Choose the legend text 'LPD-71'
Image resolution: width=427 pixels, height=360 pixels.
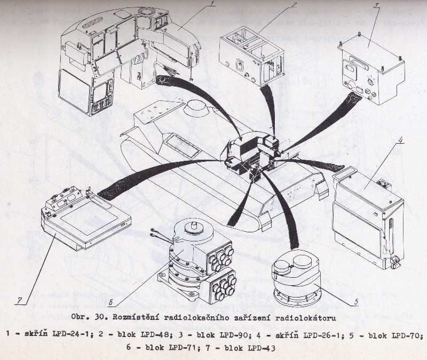(181, 348)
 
